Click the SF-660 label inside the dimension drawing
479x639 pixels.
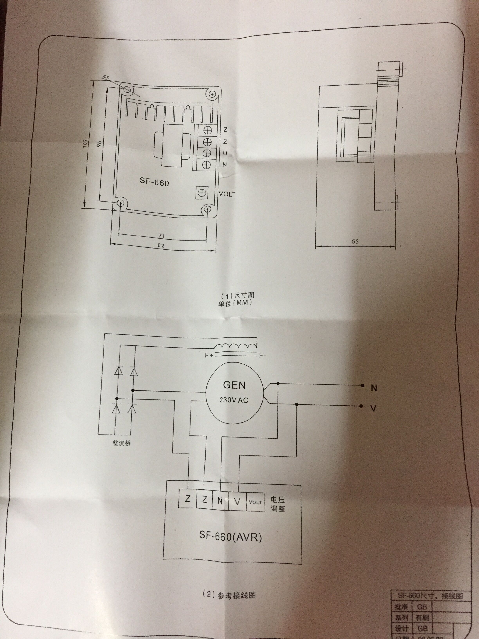tap(154, 182)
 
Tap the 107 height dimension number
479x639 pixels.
tap(85, 143)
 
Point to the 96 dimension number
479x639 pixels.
tap(99, 144)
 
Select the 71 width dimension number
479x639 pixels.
tap(162, 236)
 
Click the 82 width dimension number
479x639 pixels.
tap(161, 245)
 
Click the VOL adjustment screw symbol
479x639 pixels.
tap(202, 192)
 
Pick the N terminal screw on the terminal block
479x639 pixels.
tap(206, 165)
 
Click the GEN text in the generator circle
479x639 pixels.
tap(234, 385)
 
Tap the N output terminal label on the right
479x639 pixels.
tap(374, 388)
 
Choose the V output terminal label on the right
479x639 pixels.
tap(373, 408)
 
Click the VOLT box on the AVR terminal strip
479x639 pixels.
tap(255, 502)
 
